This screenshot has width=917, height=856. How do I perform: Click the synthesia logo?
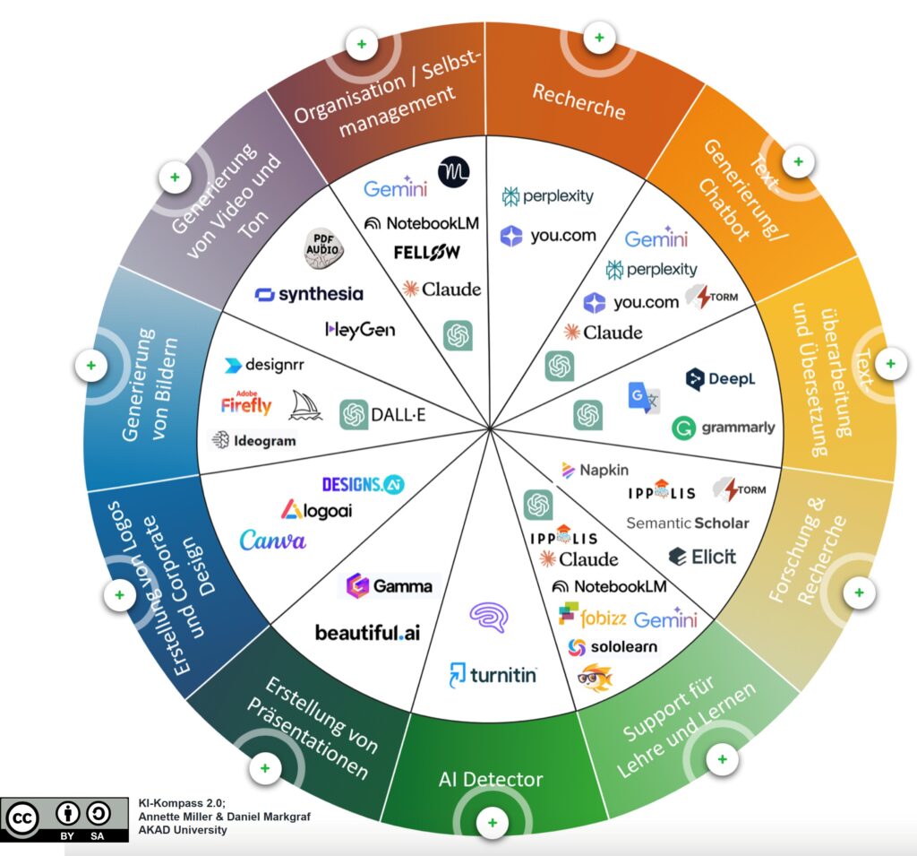click(x=309, y=294)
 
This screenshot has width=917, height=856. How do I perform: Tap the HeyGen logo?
click(x=359, y=330)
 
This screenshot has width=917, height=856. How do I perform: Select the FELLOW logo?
click(x=427, y=252)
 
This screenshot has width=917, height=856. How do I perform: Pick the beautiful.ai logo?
click(x=367, y=633)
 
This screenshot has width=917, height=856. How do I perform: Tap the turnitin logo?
click(x=493, y=673)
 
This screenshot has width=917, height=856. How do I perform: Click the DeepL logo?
click(x=720, y=379)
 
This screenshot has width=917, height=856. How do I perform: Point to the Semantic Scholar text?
click(x=687, y=523)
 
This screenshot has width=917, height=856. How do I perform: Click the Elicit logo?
click(x=702, y=557)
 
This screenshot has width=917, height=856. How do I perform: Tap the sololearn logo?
click(x=613, y=646)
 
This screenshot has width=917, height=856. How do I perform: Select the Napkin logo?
click(x=595, y=469)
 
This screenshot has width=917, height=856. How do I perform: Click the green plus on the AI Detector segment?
click(x=492, y=822)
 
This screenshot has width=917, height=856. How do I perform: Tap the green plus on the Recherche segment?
click(x=599, y=38)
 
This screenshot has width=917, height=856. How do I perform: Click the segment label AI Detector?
click(x=492, y=779)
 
